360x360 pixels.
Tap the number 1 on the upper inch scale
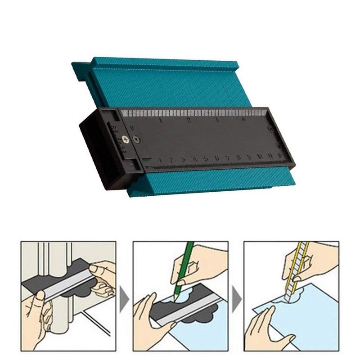pyautogui.click(x=161, y=121)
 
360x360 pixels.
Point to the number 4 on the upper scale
pyautogui.click(x=244, y=120)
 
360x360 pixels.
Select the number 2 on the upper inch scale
pyautogui.click(x=189, y=121)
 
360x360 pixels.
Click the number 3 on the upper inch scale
pyautogui.click(x=216, y=120)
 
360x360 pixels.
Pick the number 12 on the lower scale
pyautogui.click(x=280, y=155)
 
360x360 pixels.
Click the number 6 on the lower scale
pyautogui.click(x=217, y=158)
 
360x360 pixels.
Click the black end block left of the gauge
pyautogui.click(x=92, y=153)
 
